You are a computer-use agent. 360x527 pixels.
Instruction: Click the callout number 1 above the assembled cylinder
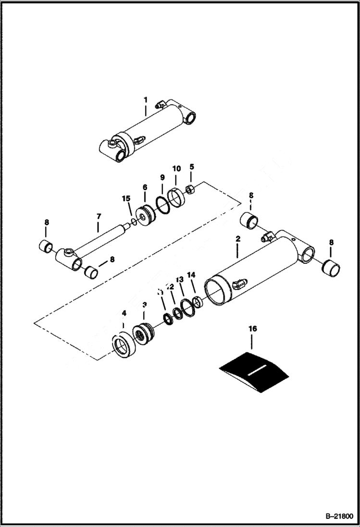(x=145, y=99)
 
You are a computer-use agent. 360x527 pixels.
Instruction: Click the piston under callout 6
(x=145, y=214)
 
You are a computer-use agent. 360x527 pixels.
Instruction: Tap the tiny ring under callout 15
(x=134, y=221)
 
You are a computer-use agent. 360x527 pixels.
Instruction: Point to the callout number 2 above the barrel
(x=237, y=238)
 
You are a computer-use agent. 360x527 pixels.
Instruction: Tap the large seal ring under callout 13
(x=187, y=308)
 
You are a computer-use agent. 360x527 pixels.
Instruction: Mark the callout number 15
(x=126, y=198)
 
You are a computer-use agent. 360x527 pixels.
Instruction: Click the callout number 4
(x=124, y=313)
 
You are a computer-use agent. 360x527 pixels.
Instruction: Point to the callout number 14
(x=191, y=275)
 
